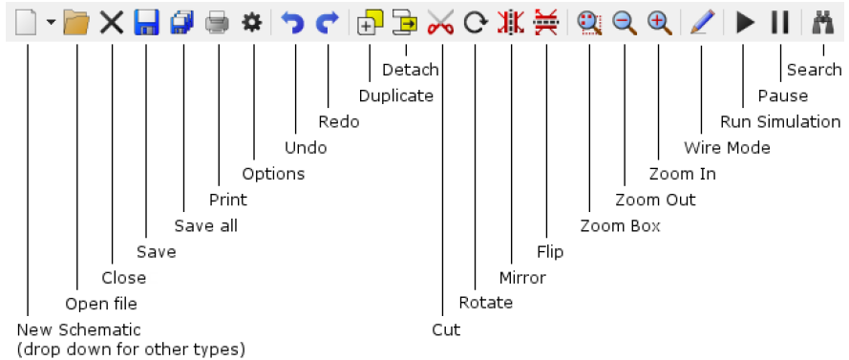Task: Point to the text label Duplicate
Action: (x=396, y=95)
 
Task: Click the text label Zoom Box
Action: (x=620, y=226)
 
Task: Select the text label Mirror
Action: (x=522, y=278)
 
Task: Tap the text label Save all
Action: (x=205, y=226)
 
